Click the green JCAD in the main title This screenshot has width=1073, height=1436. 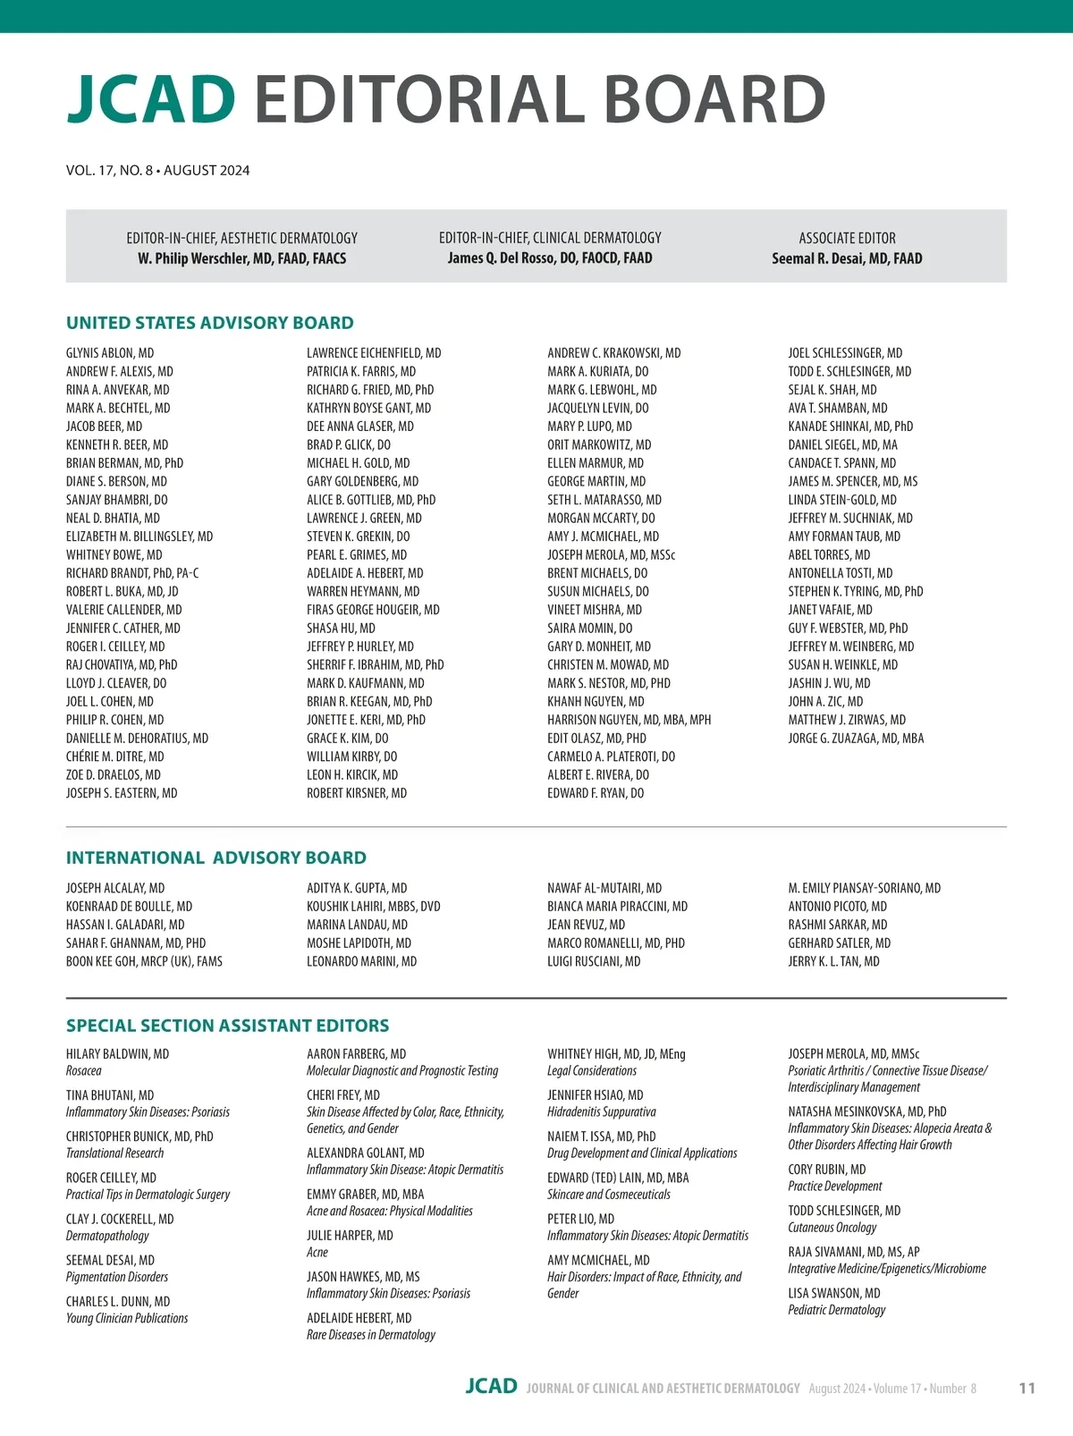151,98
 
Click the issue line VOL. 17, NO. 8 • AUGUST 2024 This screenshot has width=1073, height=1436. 157,170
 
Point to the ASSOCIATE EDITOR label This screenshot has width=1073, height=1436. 847,238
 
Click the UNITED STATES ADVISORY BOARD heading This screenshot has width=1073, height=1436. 210,323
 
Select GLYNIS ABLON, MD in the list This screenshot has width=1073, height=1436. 110,353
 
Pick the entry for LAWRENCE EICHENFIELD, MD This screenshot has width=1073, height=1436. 374,353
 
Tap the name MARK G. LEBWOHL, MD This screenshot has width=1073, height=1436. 602,390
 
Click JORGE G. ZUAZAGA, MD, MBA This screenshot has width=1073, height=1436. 856,739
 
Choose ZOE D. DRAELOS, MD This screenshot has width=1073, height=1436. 114,775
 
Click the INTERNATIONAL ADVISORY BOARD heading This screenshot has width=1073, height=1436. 216,857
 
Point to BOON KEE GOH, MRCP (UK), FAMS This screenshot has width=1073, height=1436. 144,962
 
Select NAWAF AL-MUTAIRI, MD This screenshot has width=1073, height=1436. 604,889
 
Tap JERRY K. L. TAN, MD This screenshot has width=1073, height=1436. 833,962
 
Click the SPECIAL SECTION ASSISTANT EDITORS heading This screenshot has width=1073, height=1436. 228,1026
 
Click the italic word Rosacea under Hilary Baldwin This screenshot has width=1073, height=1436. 84,1071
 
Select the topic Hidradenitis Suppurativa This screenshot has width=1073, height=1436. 602,1112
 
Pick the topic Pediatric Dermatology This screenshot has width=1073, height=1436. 836,1310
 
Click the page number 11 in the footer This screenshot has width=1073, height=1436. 1027,1389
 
